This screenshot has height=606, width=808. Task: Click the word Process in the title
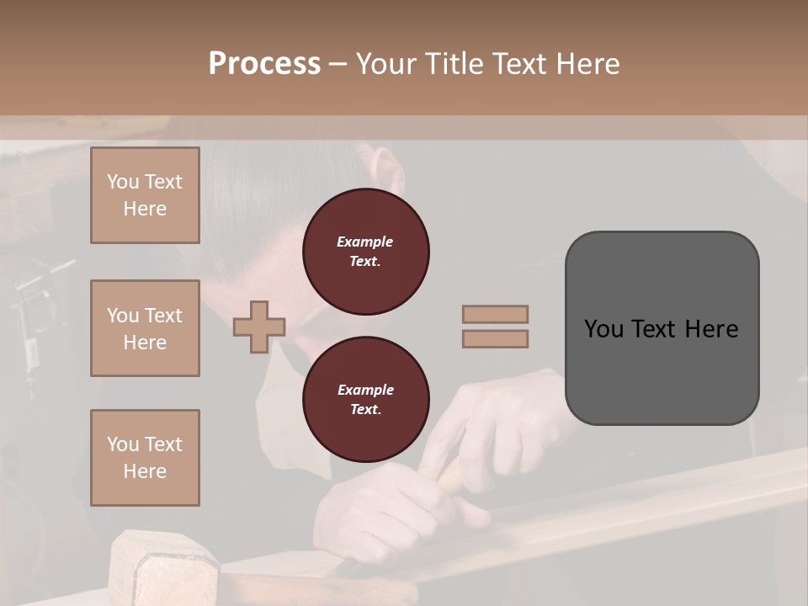pyautogui.click(x=264, y=64)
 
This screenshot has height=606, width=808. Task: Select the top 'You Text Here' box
pyautogui.click(x=145, y=195)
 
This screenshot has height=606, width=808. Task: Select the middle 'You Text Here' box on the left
pyautogui.click(x=145, y=328)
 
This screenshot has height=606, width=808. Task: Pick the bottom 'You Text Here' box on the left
pyautogui.click(x=145, y=458)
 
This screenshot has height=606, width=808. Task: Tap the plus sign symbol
pyautogui.click(x=259, y=327)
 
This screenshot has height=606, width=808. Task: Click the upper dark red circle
pyautogui.click(x=365, y=252)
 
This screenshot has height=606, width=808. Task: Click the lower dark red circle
pyautogui.click(x=365, y=400)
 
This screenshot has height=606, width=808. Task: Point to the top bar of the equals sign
pyautogui.click(x=496, y=314)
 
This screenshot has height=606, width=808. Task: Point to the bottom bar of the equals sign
pyautogui.click(x=496, y=339)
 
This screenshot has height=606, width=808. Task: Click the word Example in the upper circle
pyautogui.click(x=365, y=242)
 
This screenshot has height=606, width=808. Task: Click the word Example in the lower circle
pyautogui.click(x=365, y=390)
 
